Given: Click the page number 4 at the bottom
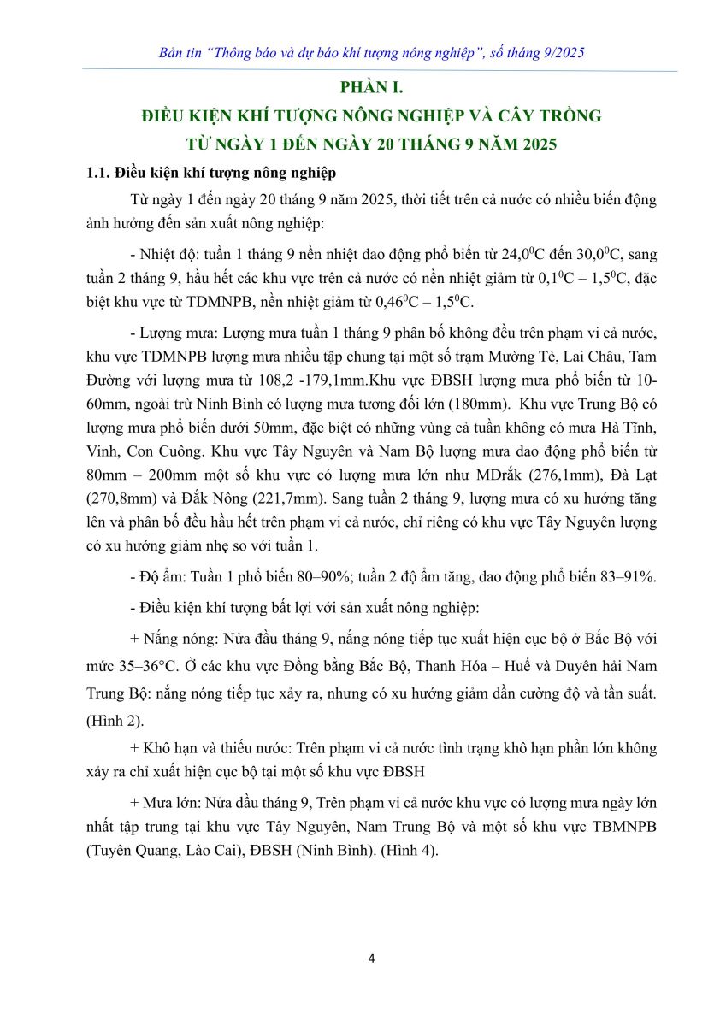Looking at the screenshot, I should (x=371, y=958).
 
